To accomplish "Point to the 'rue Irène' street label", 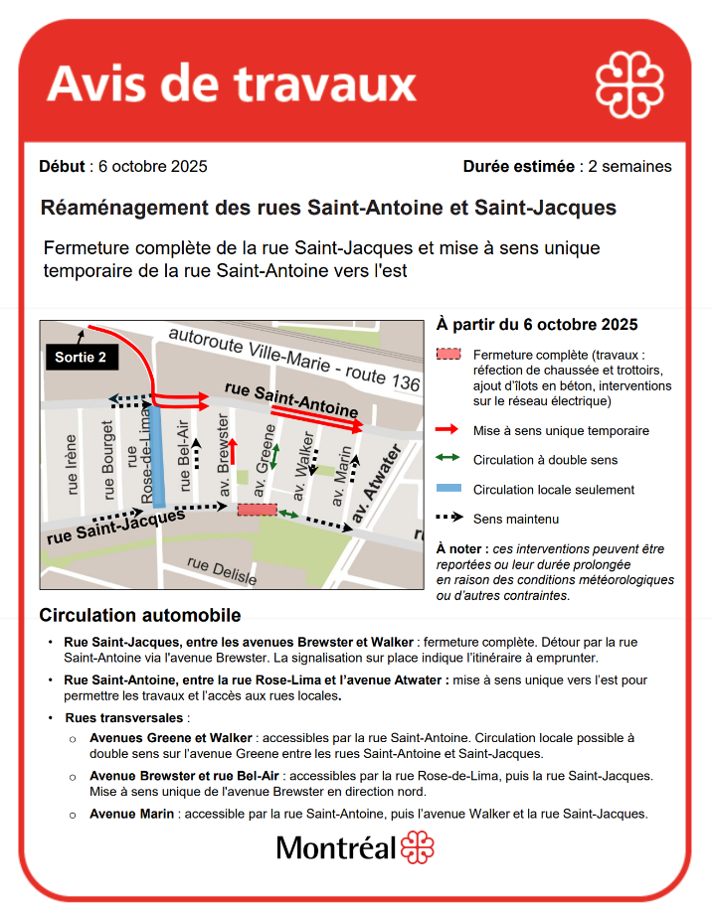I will click(x=71, y=465).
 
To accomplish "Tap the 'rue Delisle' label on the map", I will click(x=221, y=571).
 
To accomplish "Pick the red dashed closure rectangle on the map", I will click(x=257, y=510).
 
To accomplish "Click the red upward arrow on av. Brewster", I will click(x=234, y=459).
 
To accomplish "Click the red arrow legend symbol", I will click(x=448, y=430).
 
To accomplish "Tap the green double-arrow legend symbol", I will click(x=448, y=459).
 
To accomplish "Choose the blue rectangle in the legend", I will click(x=448, y=489).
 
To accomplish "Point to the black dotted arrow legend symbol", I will click(x=448, y=519).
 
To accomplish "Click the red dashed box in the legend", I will click(x=448, y=355).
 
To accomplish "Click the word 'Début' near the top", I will click(x=65, y=166).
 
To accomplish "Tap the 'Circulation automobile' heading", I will click(x=139, y=616).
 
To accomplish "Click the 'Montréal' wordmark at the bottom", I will click(x=335, y=848).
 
